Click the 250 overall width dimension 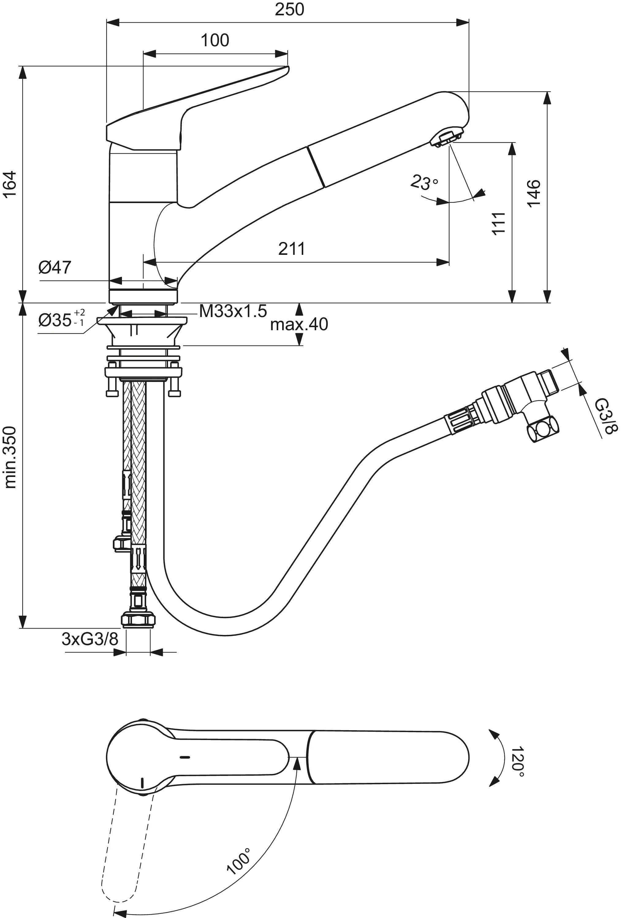(289, 9)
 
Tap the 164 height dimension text (10, 184)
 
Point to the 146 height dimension (533, 193)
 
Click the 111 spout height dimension (499, 223)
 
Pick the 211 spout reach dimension (292, 249)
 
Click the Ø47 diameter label (55, 267)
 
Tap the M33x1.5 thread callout (233, 311)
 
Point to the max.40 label (299, 324)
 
